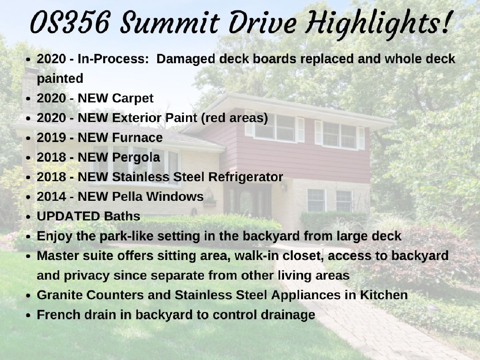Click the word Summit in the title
pyautogui.click(x=170, y=23)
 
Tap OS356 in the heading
pyautogui.click(x=69, y=23)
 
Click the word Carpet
pyautogui.click(x=133, y=98)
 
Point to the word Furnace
pyautogui.click(x=137, y=138)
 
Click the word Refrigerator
pyautogui.click(x=246, y=178)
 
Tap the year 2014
pyautogui.click(x=51, y=196)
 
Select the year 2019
pyautogui.click(x=51, y=138)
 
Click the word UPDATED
pyautogui.click(x=68, y=216)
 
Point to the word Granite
pyautogui.click(x=60, y=295)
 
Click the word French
pyautogui.click(x=59, y=314)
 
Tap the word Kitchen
pyautogui.click(x=384, y=295)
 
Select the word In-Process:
pyautogui.click(x=113, y=59)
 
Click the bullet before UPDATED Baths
pyautogui.click(x=28, y=217)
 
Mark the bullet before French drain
pyautogui.click(x=28, y=316)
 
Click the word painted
pyautogui.click(x=60, y=79)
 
